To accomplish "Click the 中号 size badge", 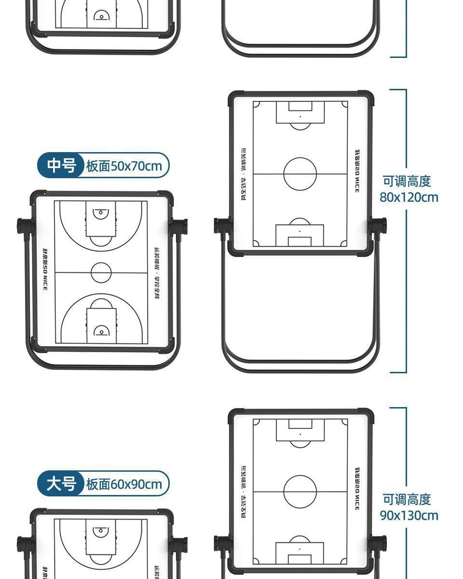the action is coord(61,166).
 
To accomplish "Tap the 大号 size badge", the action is coord(61,484).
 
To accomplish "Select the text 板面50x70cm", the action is coord(124,166).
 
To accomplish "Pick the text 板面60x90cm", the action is coord(124,484).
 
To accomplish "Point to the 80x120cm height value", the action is coord(409,197).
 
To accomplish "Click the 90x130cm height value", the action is coord(409,515).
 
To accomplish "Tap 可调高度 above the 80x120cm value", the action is coord(407,182).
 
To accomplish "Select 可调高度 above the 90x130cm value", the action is coord(407,500).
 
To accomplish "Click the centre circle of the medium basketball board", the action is coord(101,273).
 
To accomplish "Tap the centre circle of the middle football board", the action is coord(300,174).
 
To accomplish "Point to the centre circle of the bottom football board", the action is coord(300,492).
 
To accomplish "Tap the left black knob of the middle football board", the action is coord(221,226).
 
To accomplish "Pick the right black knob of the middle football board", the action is coord(379,226).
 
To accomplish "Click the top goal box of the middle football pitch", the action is coord(300,112).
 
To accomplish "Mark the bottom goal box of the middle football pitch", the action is coord(300,236).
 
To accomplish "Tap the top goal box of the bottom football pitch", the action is coord(300,430).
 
